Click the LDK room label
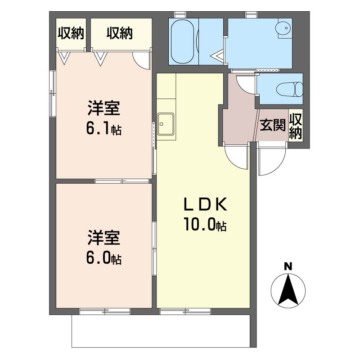click(x=206, y=204)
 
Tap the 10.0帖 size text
click(x=205, y=224)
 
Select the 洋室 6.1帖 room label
click(x=104, y=118)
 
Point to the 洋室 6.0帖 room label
click(x=104, y=247)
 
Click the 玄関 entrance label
click(x=273, y=125)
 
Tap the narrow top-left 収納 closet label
click(x=71, y=33)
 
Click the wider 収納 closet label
click(x=120, y=33)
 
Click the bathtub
click(x=183, y=41)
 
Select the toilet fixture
click(x=290, y=89)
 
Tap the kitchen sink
click(x=166, y=124)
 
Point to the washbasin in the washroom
click(x=284, y=28)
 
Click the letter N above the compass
click(x=288, y=267)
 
